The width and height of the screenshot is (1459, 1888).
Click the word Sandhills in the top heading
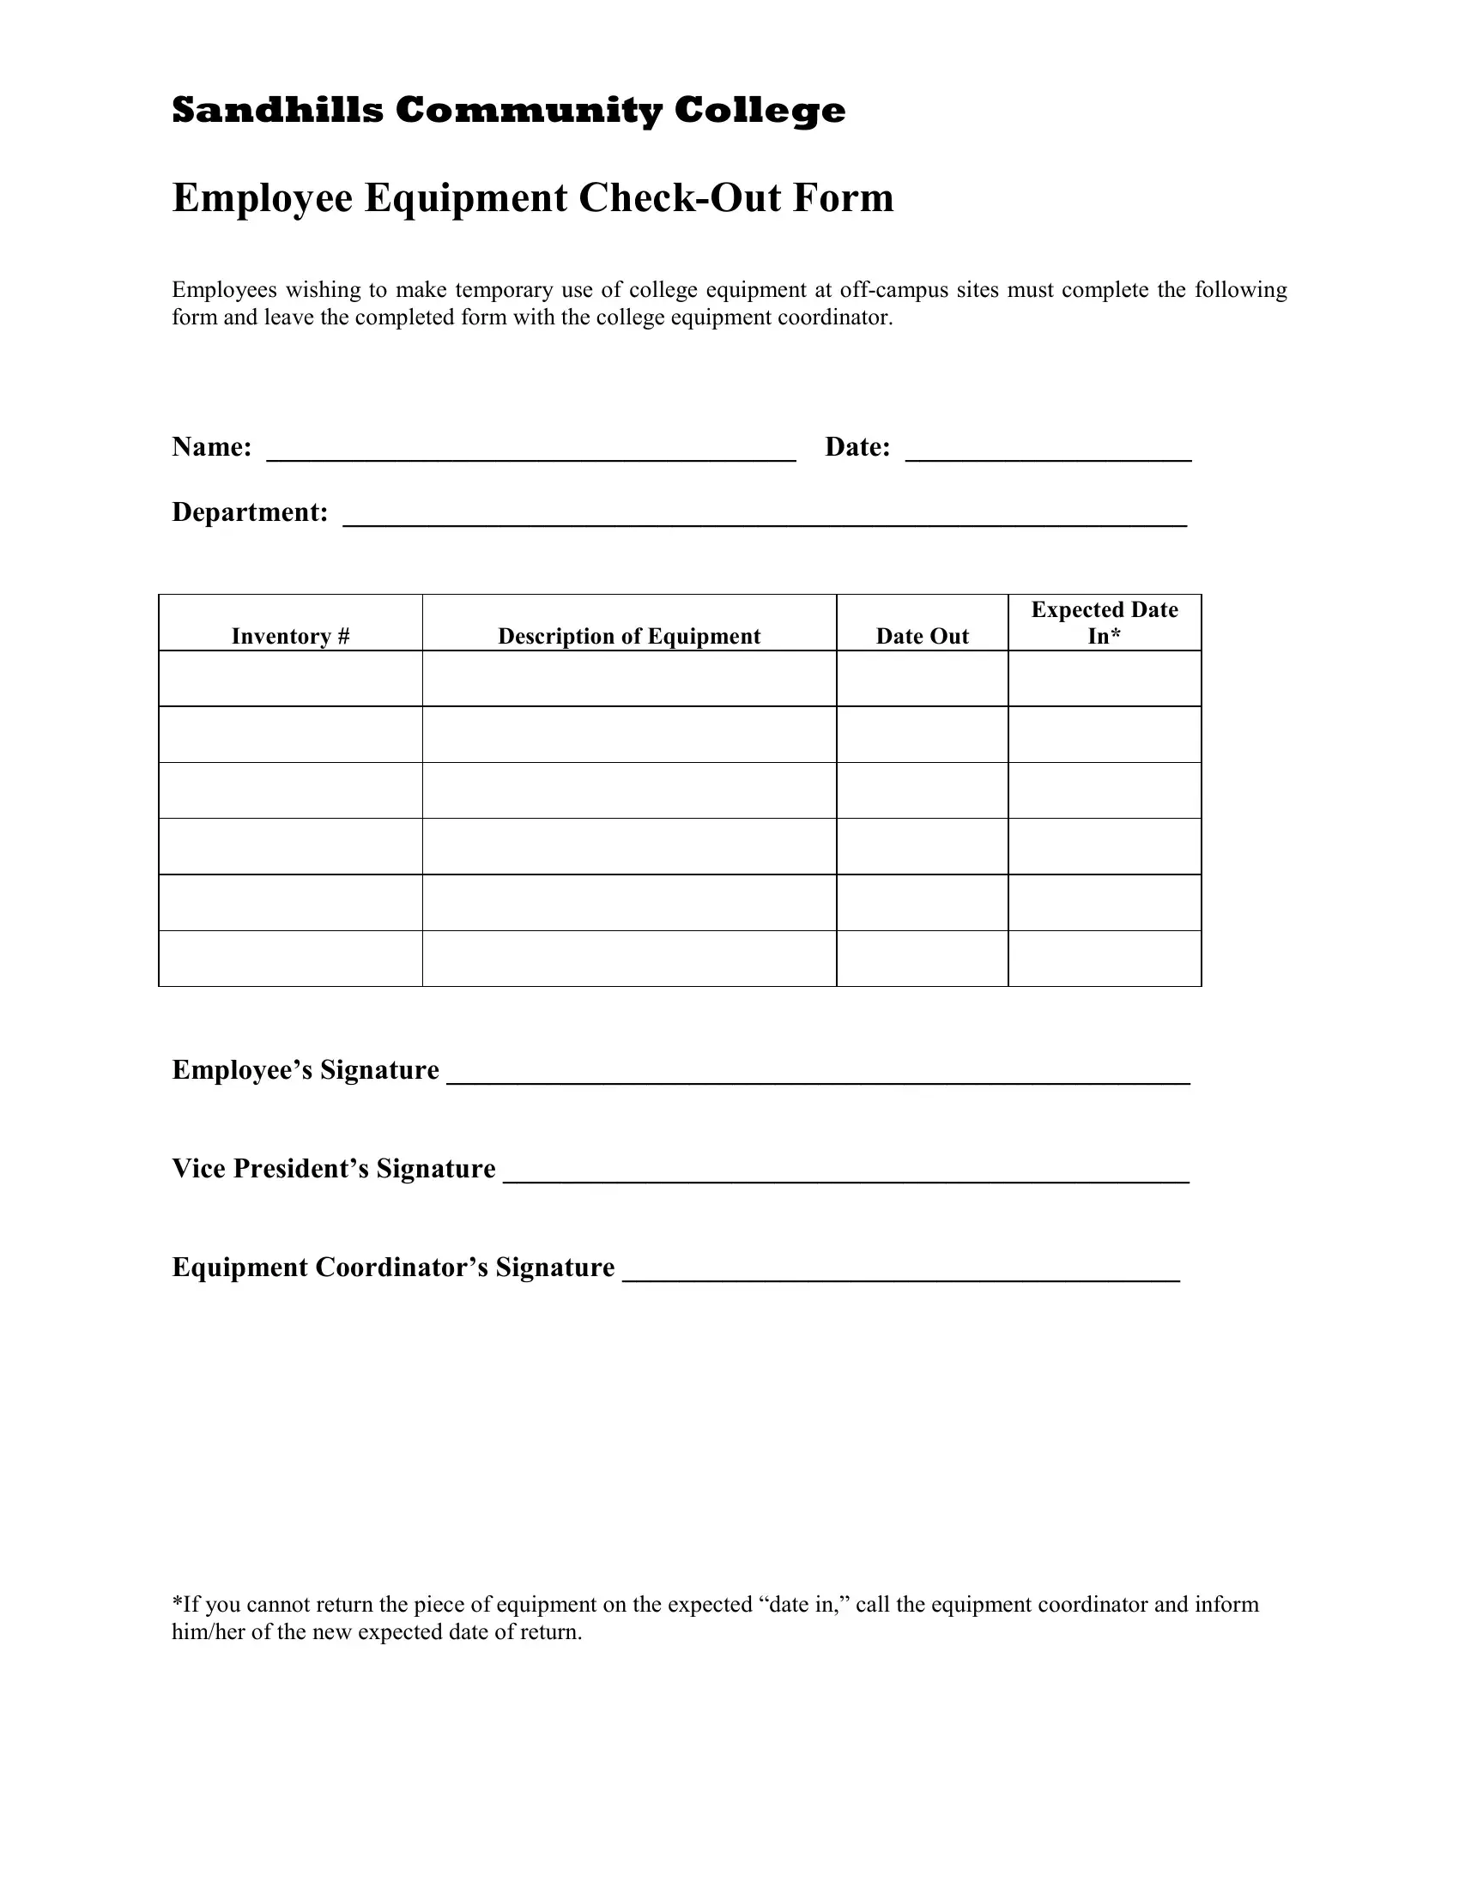click(276, 111)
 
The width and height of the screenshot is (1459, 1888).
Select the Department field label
click(250, 512)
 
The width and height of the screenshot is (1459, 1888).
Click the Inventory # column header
click(290, 636)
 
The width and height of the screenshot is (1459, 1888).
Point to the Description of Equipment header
click(629, 636)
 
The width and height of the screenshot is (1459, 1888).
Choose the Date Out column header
click(923, 636)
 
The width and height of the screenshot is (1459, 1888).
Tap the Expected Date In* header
click(1104, 622)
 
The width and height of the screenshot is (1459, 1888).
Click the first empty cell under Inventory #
click(290, 679)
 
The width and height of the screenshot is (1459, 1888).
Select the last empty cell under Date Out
click(923, 959)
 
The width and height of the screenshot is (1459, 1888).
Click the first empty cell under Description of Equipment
click(629, 679)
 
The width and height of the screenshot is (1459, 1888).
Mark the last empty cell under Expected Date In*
click(1104, 959)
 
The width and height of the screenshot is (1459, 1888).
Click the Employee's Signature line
click(818, 1075)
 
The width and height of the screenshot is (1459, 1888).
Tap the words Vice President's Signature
click(334, 1169)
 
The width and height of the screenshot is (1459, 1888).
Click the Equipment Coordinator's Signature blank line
click(900, 1273)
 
